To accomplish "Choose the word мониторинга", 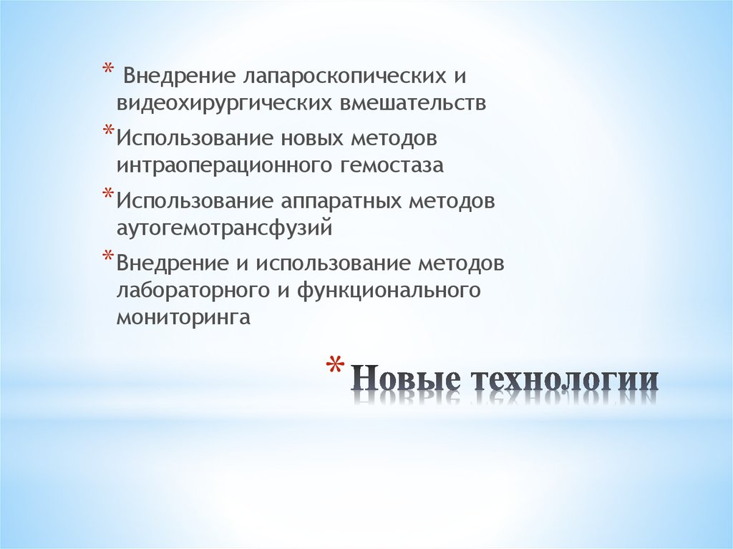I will click(183, 318).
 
